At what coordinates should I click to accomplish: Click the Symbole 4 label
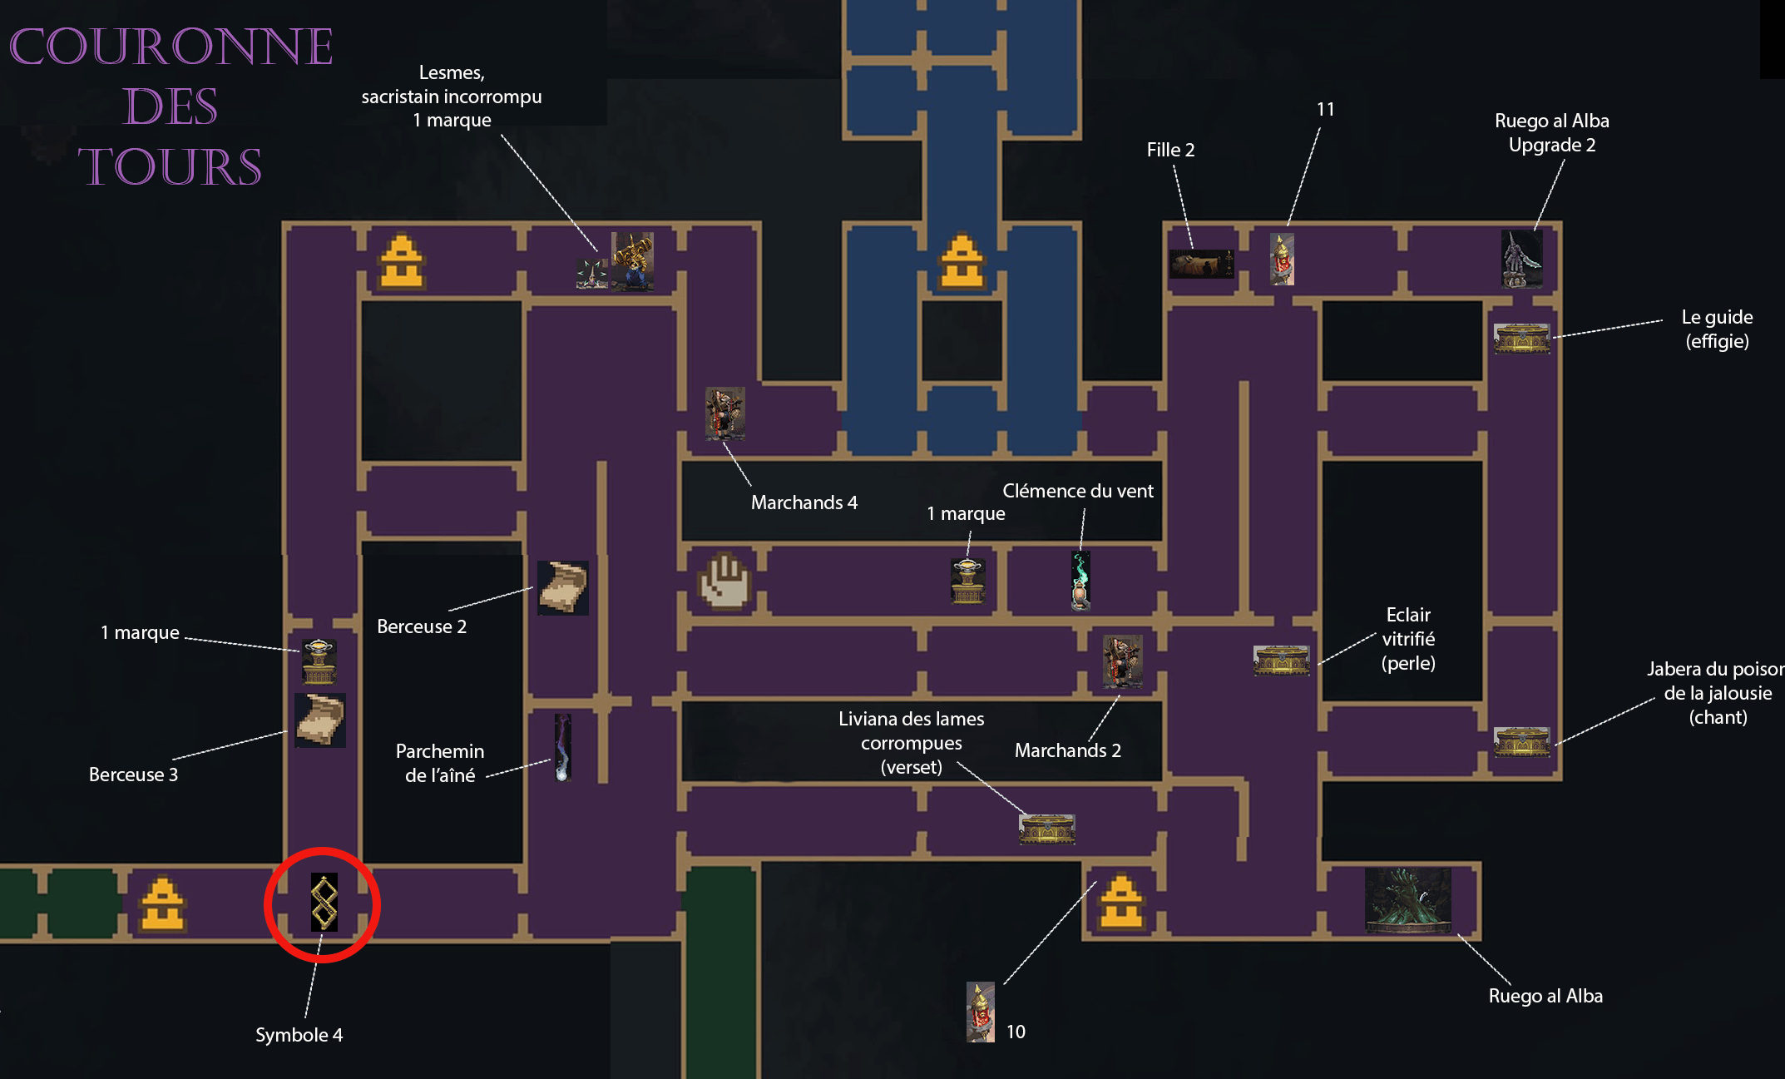pyautogui.click(x=299, y=1035)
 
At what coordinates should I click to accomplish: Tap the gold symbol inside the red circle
pyautogui.click(x=324, y=902)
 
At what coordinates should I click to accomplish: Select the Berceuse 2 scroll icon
pyautogui.click(x=563, y=587)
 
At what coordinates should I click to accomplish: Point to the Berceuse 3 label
pyautogui.click(x=133, y=775)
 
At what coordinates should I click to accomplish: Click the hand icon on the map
pyautogui.click(x=724, y=580)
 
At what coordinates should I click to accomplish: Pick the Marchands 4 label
pyautogui.click(x=803, y=502)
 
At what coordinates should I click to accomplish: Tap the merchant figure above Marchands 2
pyautogui.click(x=1122, y=661)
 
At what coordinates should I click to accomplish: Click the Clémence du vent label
pyautogui.click(x=1078, y=491)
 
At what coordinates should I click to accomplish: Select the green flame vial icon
pyautogui.click(x=1080, y=581)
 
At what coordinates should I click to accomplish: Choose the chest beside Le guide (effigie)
pyautogui.click(x=1521, y=339)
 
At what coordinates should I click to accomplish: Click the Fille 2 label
pyautogui.click(x=1170, y=150)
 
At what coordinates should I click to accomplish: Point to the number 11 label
pyautogui.click(x=1325, y=109)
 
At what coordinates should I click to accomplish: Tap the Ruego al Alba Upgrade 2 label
pyautogui.click(x=1552, y=133)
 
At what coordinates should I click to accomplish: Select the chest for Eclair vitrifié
pyautogui.click(x=1281, y=661)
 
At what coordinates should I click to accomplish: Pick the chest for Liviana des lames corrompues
pyautogui.click(x=1046, y=829)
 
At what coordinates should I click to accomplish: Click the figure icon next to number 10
pyautogui.click(x=981, y=1012)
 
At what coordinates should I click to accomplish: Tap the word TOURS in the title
pyautogui.click(x=170, y=166)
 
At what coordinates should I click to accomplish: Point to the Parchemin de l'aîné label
pyautogui.click(x=439, y=763)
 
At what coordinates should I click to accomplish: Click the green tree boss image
pyautogui.click(x=1408, y=899)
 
